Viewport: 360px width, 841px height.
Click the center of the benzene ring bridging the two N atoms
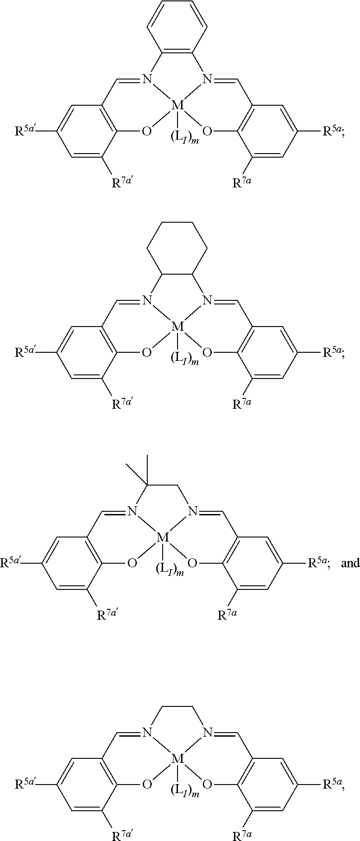178,31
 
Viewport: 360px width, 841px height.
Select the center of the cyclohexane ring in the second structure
178,251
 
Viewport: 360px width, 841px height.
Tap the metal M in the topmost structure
178,106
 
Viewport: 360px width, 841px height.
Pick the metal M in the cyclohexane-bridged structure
178,326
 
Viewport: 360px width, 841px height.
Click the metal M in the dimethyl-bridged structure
163,537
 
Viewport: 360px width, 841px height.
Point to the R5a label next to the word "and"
320,563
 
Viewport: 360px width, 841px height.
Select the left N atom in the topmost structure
147,80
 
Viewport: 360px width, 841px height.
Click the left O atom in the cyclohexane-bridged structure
146,352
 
